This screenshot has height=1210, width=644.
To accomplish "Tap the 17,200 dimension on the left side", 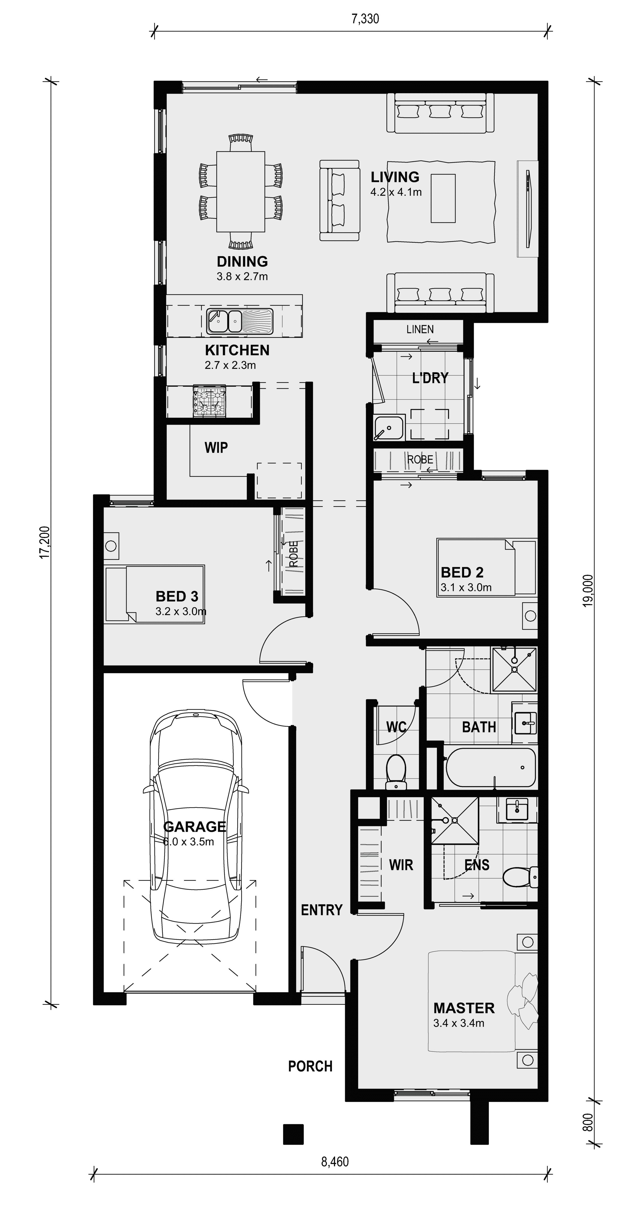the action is (x=45, y=542).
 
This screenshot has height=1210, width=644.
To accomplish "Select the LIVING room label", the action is (x=395, y=177).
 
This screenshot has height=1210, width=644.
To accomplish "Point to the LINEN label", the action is (x=420, y=329).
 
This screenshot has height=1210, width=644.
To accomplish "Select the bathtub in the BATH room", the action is (x=491, y=768).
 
